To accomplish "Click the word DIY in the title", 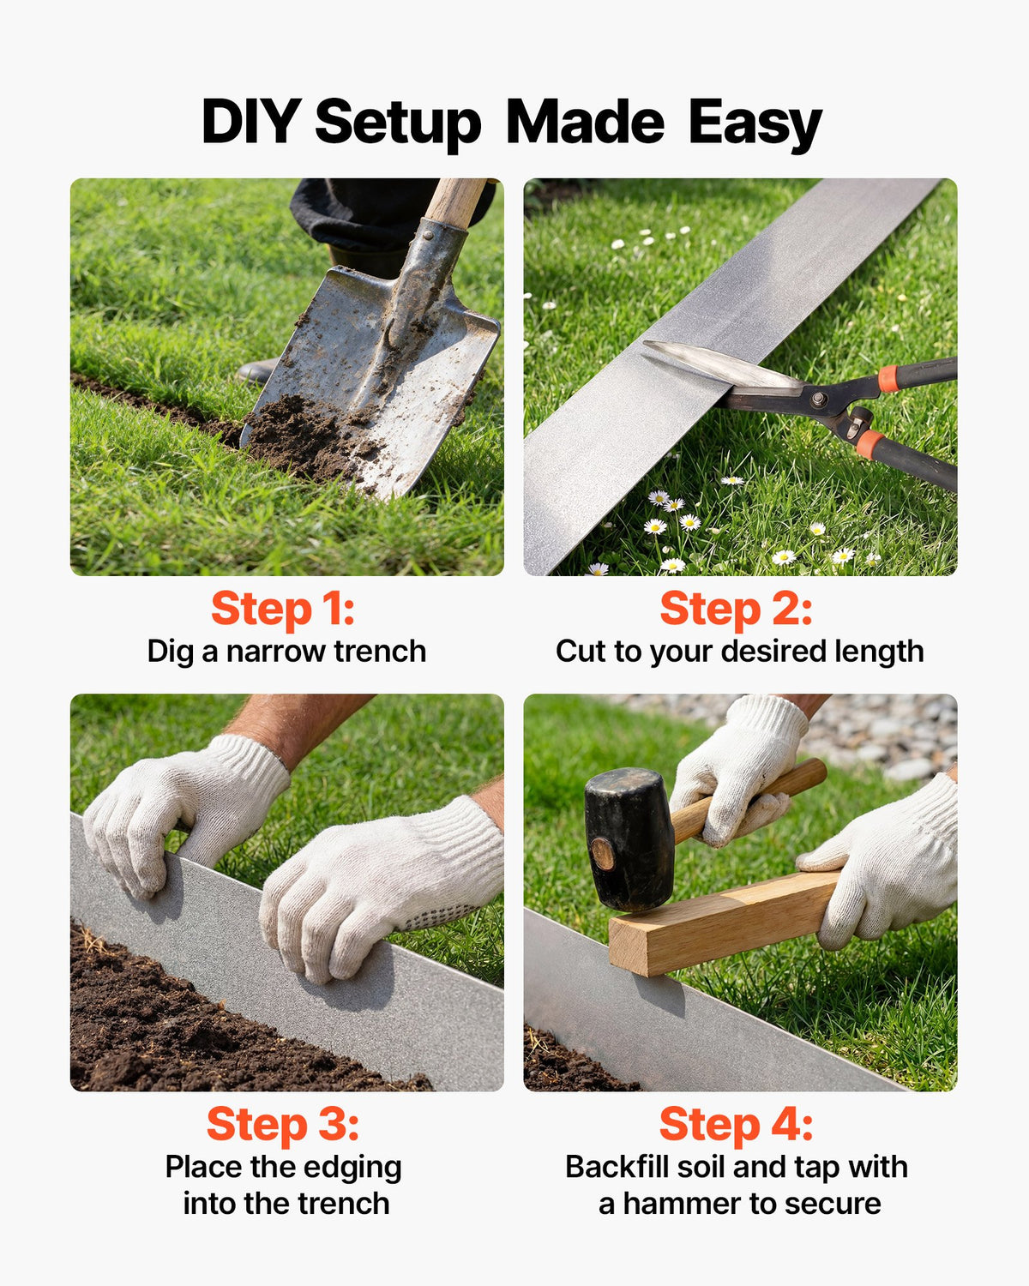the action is [x=251, y=121].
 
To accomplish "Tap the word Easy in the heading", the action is [x=755, y=123].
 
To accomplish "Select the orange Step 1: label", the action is [x=283, y=610].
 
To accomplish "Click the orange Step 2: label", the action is [x=736, y=610].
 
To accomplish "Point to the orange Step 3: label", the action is [x=283, y=1125].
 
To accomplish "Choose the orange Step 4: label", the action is [x=736, y=1125].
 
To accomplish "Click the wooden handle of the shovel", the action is [x=455, y=203].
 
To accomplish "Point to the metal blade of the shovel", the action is [x=370, y=382].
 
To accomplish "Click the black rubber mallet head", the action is [x=628, y=839].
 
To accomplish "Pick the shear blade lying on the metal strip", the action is [x=720, y=363].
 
